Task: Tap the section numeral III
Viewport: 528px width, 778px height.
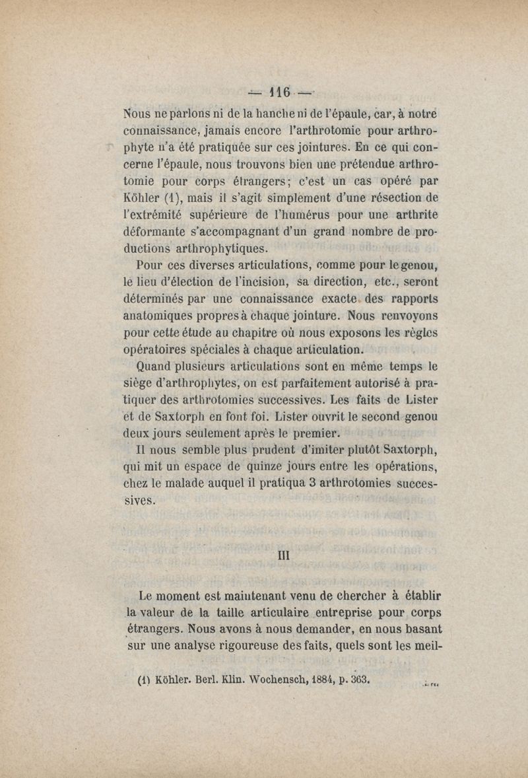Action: (x=282, y=556)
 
